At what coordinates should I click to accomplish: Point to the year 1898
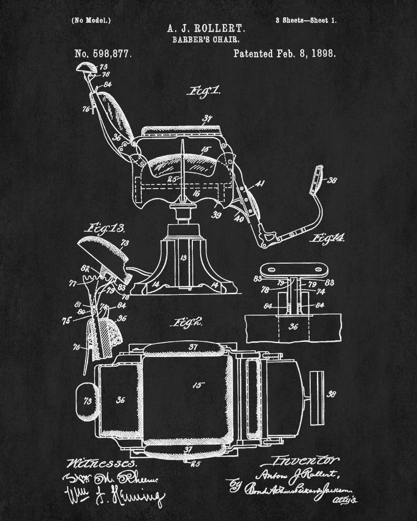pos(321,53)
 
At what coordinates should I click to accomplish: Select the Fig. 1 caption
pos(203,92)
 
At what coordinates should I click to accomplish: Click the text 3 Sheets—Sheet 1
pos(306,21)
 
